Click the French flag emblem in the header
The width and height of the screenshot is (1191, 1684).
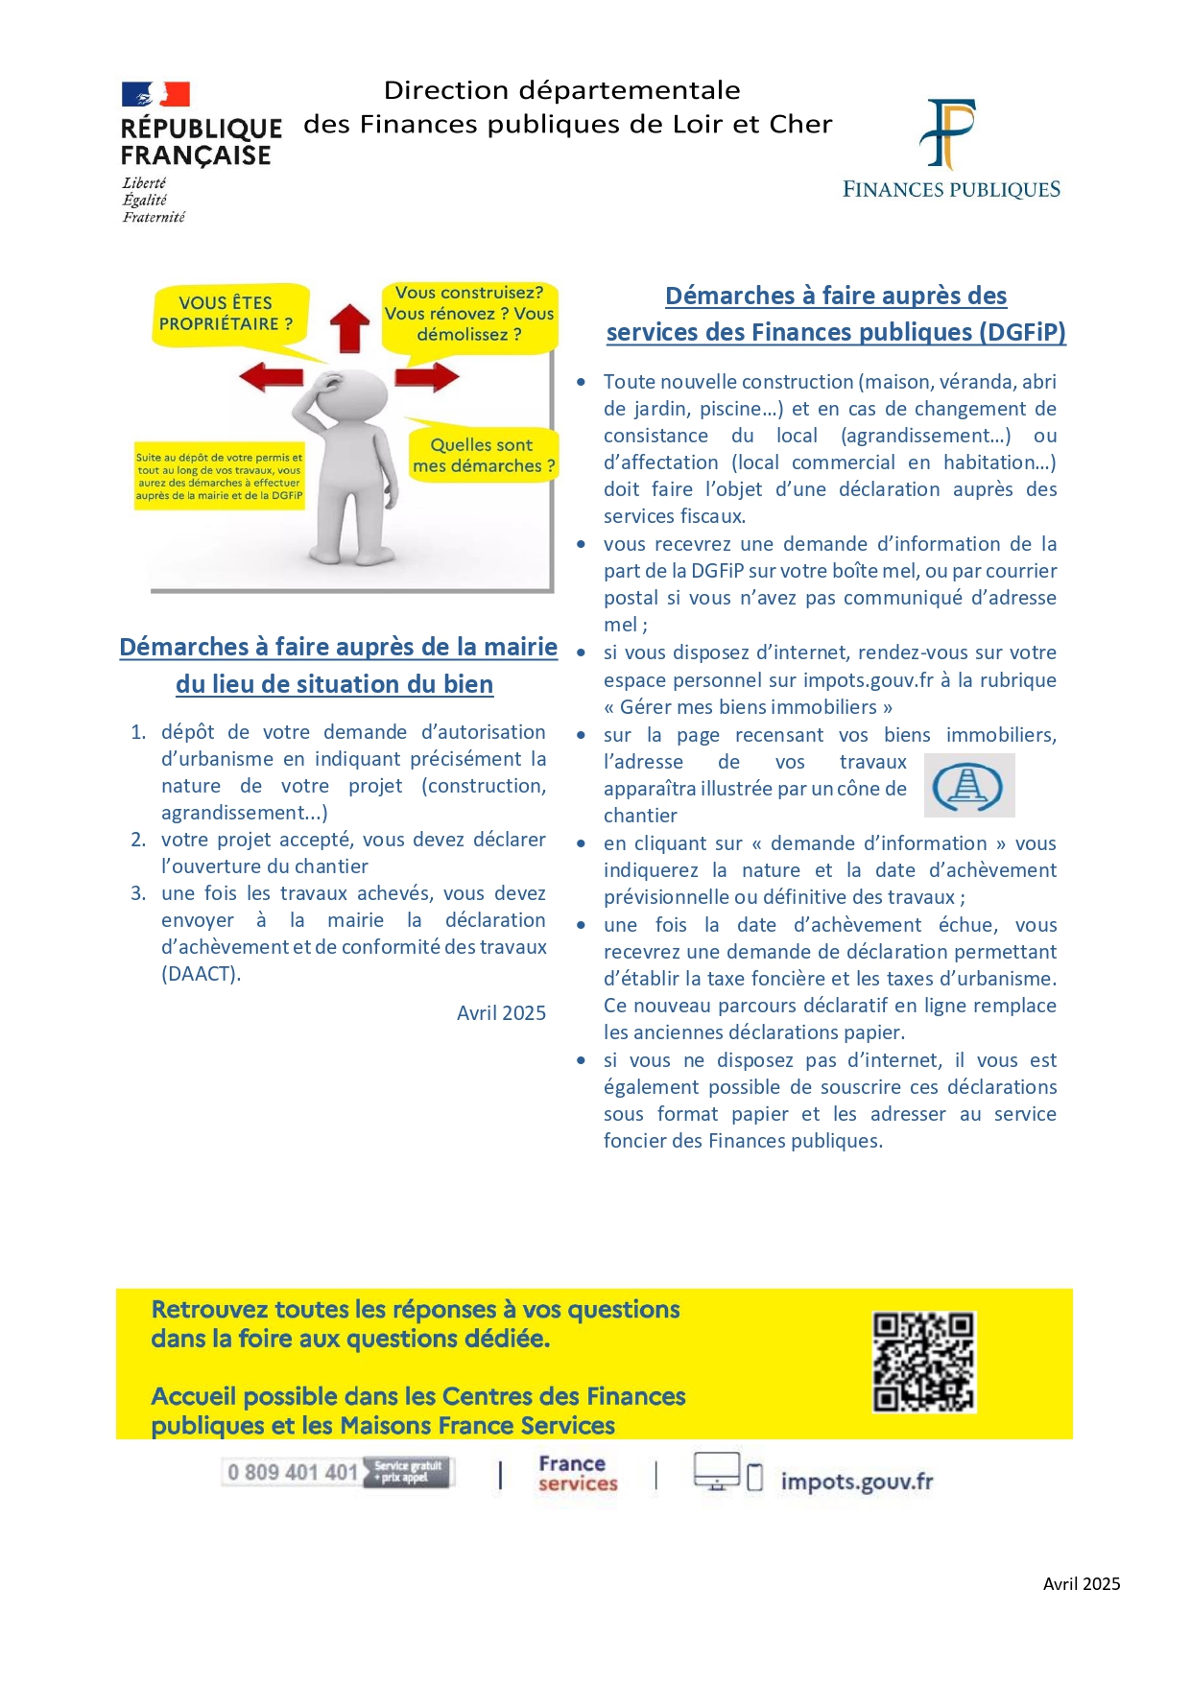coord(155,94)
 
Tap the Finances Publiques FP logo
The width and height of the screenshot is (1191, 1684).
coord(947,133)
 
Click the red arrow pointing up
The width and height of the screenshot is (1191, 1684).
coord(350,327)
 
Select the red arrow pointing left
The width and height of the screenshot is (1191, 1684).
coord(271,376)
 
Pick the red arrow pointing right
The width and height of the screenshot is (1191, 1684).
coord(427,376)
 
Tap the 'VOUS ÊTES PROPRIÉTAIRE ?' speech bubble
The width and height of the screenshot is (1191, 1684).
coord(227,314)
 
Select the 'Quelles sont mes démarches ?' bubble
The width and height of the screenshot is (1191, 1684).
coord(483,455)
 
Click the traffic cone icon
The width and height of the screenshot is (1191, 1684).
coord(968,786)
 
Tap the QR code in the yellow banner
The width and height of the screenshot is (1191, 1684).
coord(923,1362)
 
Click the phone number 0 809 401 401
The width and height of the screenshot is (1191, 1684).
coord(293,1472)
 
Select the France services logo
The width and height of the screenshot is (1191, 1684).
coord(577,1473)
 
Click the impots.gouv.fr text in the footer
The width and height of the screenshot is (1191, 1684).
coord(856,1481)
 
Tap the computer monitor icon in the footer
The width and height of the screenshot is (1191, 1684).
coord(716,1470)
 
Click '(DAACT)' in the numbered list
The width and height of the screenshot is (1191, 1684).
coord(201,974)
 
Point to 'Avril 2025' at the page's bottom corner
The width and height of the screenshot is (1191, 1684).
coord(1082,1584)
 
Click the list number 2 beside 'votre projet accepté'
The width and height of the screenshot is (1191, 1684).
coord(138,840)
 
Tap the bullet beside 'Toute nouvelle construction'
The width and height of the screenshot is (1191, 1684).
coord(582,382)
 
